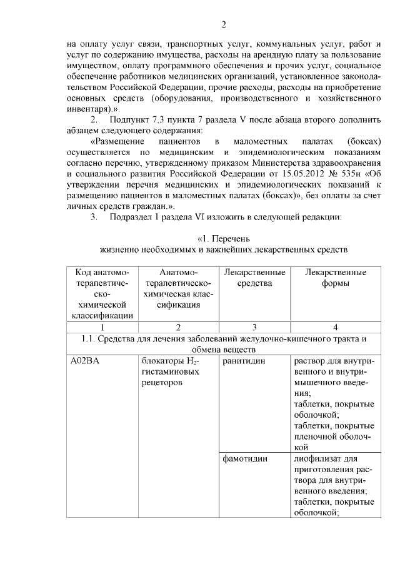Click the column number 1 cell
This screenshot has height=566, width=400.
pos(102,326)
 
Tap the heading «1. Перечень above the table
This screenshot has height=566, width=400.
pos(224,239)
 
